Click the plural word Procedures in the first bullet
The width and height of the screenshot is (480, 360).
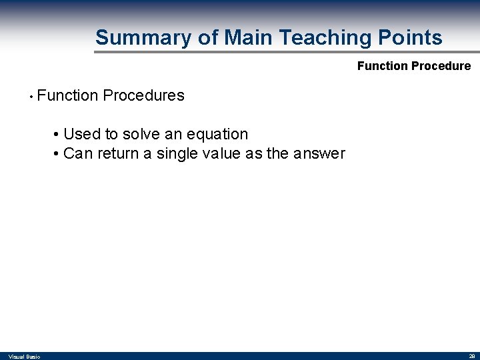(x=143, y=95)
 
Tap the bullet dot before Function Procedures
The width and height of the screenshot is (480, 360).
(x=31, y=96)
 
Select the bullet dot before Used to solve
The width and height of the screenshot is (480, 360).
(x=57, y=135)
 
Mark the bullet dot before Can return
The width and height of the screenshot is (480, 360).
(x=57, y=154)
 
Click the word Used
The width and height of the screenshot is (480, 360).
(x=82, y=134)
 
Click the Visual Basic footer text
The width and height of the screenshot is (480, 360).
(x=24, y=357)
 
